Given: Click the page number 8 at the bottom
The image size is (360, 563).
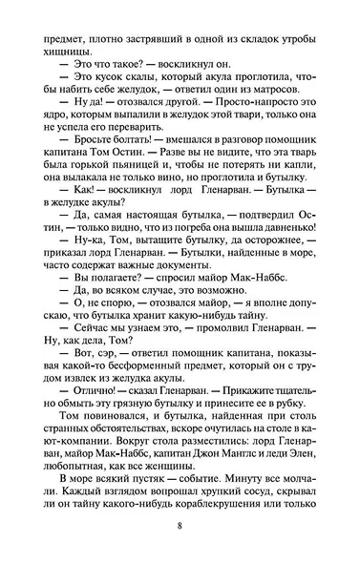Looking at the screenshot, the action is pos(180,526).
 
